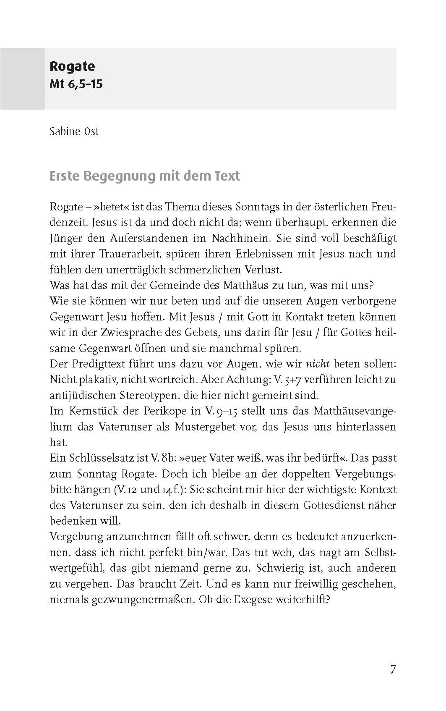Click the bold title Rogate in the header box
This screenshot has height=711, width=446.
(x=72, y=66)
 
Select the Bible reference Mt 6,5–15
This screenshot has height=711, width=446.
(x=76, y=84)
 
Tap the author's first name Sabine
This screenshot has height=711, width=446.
(x=63, y=131)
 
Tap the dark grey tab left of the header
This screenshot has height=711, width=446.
(x=22, y=79)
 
